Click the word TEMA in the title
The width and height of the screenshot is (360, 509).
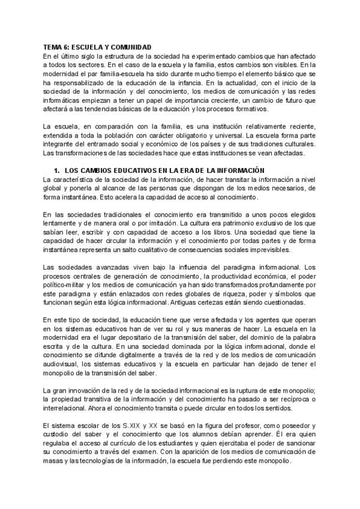pos(54,47)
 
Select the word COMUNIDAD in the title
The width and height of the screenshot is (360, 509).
pos(130,47)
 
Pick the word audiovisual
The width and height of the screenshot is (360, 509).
pos(62,363)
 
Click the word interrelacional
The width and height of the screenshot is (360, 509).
pos(67,406)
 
